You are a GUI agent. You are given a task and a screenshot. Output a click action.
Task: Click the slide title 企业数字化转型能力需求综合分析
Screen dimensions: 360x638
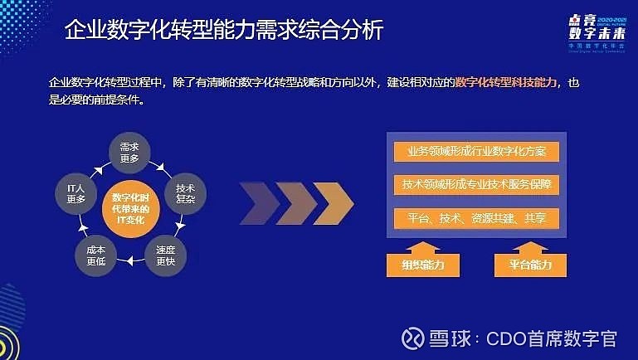pos(224,32)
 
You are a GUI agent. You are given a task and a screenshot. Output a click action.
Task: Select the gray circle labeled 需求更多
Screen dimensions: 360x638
pos(128,153)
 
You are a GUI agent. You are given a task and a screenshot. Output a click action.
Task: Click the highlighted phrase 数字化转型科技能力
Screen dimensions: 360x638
pos(507,84)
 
